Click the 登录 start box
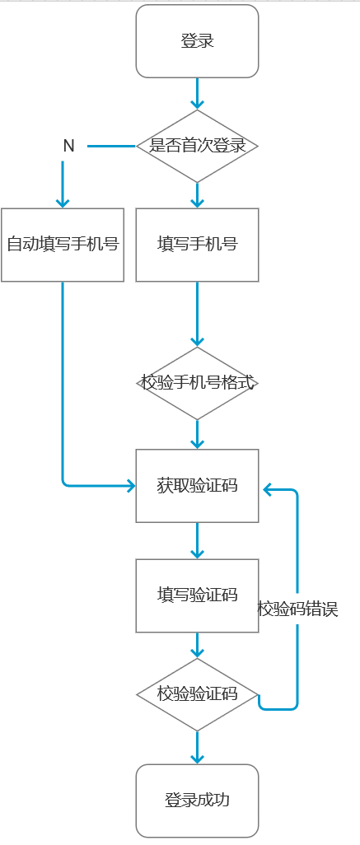pos(197,41)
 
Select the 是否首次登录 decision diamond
pos(197,146)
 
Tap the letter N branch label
pos(69,146)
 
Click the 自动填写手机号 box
pos(63,245)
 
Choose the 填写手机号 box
pos(197,245)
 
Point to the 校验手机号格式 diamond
pos(197,383)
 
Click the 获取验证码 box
pos(197,486)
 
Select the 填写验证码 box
pos(197,595)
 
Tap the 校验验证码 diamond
pos(197,694)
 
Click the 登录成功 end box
pos(197,800)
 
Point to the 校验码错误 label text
pos(298,609)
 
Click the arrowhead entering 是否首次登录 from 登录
pos(197,104)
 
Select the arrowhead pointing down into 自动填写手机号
pos(63,202)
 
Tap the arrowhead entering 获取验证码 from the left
pos(129,486)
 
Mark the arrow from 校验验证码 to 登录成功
pos(197,747)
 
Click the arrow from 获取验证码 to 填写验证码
pos(197,540)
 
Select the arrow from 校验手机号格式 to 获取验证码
pos(197,434)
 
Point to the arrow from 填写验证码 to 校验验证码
pos(197,645)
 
